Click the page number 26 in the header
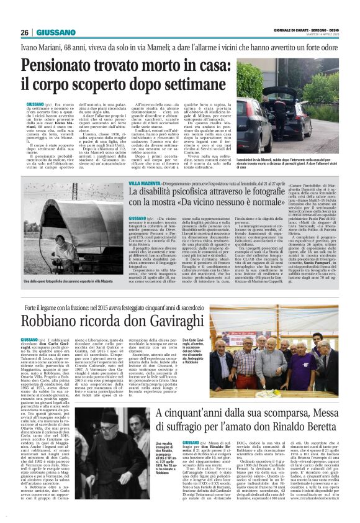click(x=24, y=32)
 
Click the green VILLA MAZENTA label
click(x=143, y=185)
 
